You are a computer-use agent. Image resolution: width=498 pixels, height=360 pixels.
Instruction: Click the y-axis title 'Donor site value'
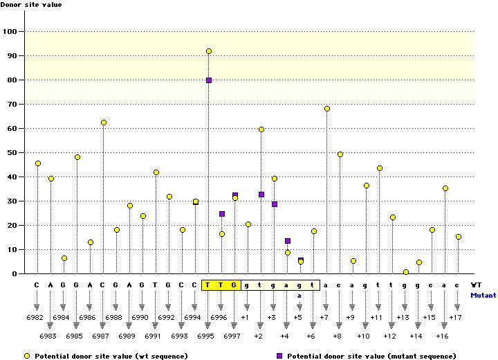(32, 6)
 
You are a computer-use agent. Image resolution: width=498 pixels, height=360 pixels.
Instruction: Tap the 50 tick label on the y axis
(11, 152)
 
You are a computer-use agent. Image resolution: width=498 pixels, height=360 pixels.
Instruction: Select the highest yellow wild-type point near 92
(209, 51)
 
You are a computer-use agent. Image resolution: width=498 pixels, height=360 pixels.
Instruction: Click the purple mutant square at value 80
(209, 80)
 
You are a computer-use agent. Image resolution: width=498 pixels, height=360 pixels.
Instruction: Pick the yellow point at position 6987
(104, 123)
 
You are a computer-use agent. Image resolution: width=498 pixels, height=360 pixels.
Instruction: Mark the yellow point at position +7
(327, 109)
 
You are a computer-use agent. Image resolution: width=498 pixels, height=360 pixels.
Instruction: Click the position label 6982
(37, 317)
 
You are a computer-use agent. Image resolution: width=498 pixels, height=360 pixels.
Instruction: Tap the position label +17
(457, 317)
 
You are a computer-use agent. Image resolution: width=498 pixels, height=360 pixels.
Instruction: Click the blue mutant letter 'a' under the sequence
(300, 296)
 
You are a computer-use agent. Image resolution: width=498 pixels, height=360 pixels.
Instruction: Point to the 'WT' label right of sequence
(476, 285)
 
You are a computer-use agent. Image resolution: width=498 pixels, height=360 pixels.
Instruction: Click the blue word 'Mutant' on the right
(483, 296)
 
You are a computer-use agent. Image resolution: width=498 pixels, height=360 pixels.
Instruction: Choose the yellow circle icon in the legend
(27, 356)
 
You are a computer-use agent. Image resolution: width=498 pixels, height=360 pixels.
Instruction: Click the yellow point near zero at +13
(406, 272)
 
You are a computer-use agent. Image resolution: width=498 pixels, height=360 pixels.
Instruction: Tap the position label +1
(246, 317)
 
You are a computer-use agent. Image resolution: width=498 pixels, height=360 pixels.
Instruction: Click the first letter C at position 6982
(37, 285)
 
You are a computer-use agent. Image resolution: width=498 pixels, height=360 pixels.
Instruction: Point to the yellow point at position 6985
(77, 157)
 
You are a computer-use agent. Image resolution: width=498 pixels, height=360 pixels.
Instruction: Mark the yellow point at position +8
(340, 154)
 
